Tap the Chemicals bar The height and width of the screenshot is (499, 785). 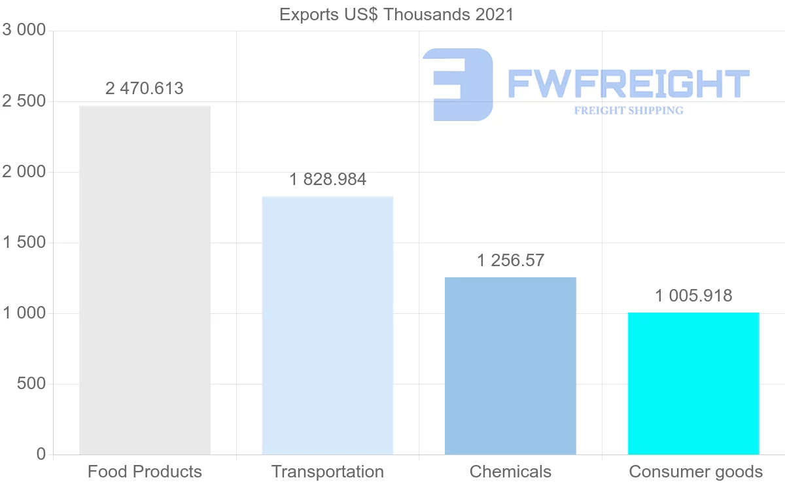[510, 366]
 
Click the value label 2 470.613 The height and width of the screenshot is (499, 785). [145, 88]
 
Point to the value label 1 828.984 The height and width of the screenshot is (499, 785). [327, 179]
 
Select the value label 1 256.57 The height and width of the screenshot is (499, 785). [510, 260]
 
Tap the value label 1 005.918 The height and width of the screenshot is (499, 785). [693, 296]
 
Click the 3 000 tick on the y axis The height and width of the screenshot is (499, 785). [24, 30]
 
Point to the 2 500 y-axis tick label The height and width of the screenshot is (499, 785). [24, 101]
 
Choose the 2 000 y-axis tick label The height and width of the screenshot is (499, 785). [24, 172]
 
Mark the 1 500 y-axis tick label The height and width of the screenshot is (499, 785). [24, 243]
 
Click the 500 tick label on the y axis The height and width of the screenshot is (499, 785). [31, 384]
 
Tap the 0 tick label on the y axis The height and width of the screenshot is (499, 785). [41, 454]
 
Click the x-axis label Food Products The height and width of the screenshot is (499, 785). [145, 472]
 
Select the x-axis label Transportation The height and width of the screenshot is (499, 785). [327, 472]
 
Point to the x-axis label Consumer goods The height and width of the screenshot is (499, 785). [695, 472]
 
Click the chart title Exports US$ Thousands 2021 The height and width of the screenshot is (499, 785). [396, 14]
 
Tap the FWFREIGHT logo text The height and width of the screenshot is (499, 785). [628, 84]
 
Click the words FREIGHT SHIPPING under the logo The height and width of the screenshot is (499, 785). [629, 111]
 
